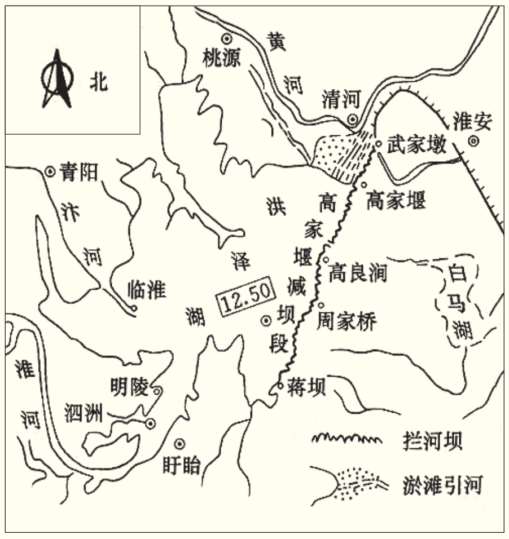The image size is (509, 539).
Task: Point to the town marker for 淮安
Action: (473, 142)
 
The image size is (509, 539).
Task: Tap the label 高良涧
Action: (359, 272)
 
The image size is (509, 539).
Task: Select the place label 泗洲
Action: (84, 414)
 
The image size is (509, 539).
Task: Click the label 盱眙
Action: (181, 466)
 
